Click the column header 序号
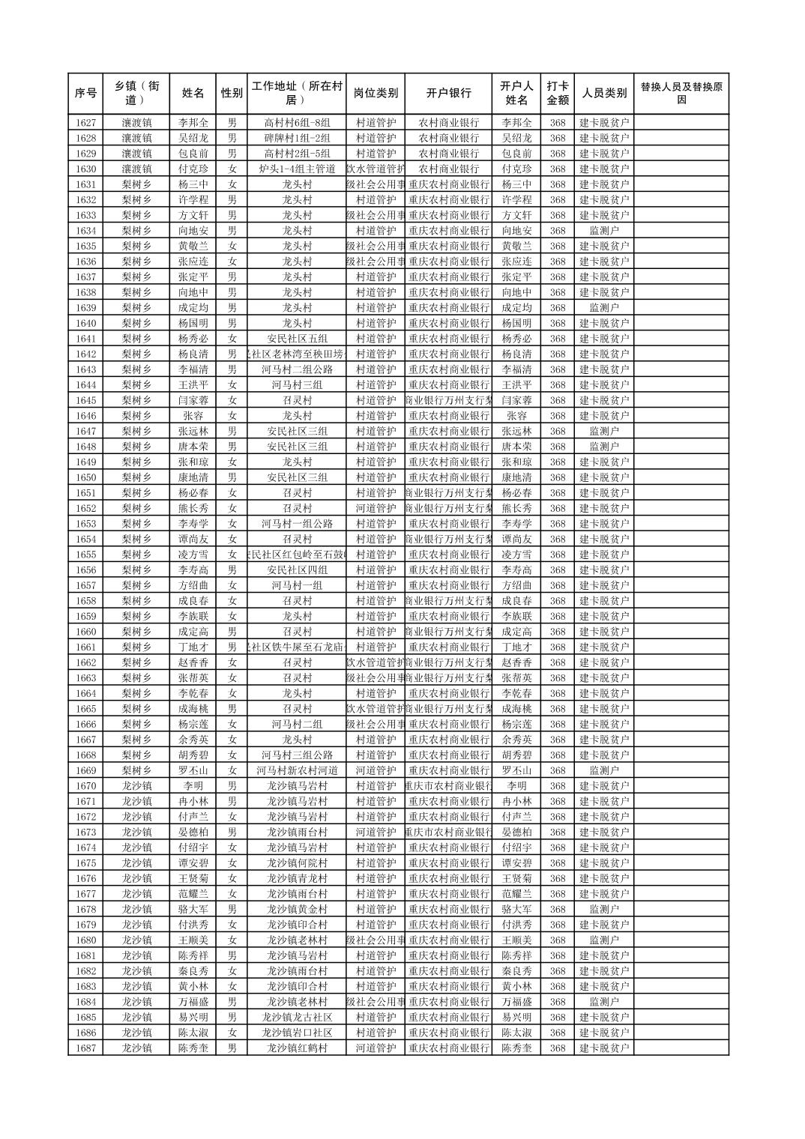(86, 94)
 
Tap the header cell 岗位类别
(376, 94)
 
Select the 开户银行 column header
(448, 94)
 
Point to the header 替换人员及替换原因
(681, 94)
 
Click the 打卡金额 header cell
(557, 94)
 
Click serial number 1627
(86, 123)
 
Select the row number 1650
(86, 477)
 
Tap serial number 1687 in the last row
(86, 1048)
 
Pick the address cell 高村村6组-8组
(297, 123)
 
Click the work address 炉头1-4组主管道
(297, 169)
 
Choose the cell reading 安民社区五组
(297, 339)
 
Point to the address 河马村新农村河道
(297, 770)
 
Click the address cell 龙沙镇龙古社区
(297, 1018)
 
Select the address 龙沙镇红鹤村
(297, 1048)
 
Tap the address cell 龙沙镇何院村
(297, 863)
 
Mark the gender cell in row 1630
(232, 169)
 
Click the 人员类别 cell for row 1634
(604, 231)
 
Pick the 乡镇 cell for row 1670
(137, 786)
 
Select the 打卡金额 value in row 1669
(557, 770)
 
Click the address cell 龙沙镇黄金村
(297, 910)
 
